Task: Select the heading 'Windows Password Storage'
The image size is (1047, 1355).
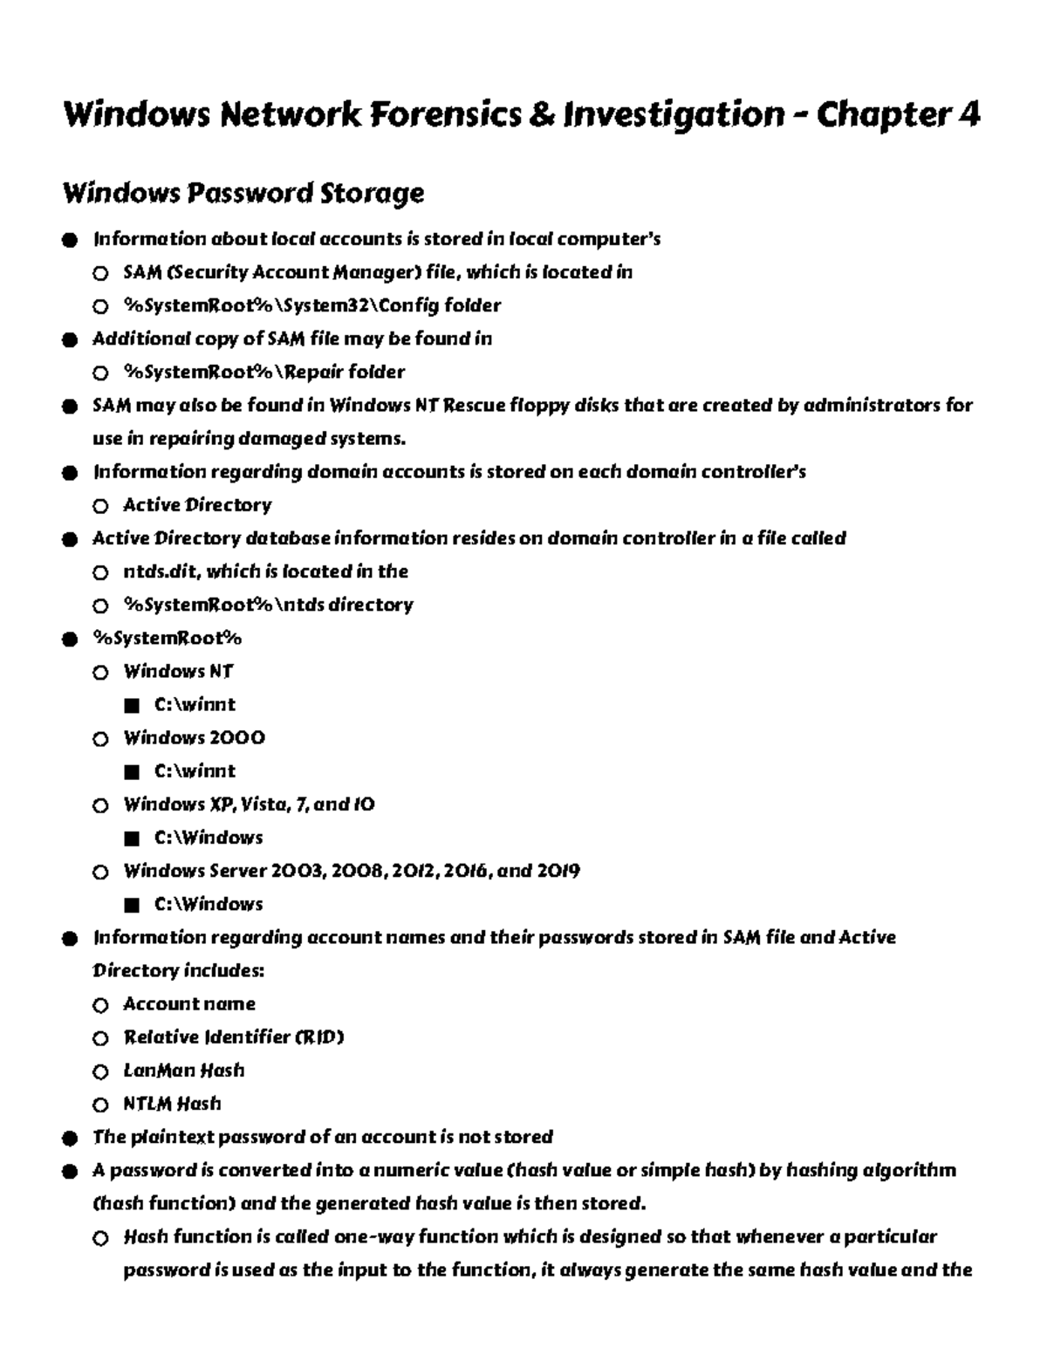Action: tap(243, 193)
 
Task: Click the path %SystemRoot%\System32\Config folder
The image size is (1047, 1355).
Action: tap(311, 305)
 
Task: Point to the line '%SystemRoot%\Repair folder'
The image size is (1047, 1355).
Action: tap(263, 373)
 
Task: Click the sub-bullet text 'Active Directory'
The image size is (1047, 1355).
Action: tap(197, 505)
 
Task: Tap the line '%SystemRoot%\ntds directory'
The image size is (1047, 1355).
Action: tap(268, 605)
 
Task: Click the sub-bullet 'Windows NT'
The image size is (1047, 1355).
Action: tap(178, 672)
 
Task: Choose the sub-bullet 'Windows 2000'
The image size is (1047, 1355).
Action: tap(194, 738)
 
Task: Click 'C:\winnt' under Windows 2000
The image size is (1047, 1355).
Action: tap(195, 771)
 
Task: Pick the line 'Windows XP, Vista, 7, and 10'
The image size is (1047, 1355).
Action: tap(249, 804)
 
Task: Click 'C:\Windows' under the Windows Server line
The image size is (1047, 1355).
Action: tap(209, 904)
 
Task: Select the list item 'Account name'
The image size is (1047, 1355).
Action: tap(189, 1004)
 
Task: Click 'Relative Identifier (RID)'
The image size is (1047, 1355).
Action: tap(233, 1037)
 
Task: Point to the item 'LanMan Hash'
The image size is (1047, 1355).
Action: tap(183, 1071)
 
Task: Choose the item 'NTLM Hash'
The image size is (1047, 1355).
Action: tap(172, 1104)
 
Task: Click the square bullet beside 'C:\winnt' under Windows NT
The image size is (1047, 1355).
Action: tap(132, 706)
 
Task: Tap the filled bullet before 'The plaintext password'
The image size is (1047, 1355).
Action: tap(70, 1139)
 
